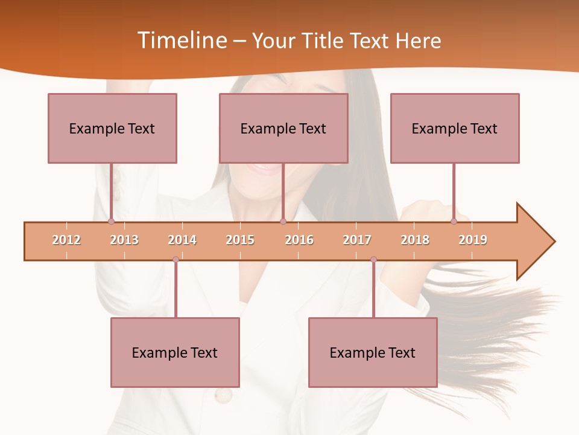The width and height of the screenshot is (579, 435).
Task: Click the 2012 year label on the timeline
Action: click(66, 240)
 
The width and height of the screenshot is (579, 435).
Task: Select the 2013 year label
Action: click(124, 240)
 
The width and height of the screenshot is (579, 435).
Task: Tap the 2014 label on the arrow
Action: click(182, 240)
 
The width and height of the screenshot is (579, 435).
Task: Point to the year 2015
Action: click(240, 240)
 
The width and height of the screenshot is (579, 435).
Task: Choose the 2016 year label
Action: click(299, 240)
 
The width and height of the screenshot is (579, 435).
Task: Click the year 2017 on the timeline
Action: click(357, 240)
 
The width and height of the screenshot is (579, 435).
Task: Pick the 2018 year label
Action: click(415, 240)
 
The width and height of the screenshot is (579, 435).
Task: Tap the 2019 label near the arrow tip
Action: click(473, 240)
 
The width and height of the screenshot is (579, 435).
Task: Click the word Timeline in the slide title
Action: click(180, 40)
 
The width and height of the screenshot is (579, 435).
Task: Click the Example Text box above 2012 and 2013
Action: click(112, 128)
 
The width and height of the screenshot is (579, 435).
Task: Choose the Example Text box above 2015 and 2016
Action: click(283, 128)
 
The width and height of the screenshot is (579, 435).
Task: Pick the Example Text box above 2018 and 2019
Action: click(455, 128)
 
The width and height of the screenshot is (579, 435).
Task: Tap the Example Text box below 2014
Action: click(175, 352)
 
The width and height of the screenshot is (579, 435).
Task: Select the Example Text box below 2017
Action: click(373, 352)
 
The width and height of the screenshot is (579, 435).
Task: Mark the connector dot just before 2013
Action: click(112, 221)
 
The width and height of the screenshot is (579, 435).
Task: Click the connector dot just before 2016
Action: click(283, 221)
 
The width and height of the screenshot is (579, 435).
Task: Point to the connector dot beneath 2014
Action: click(176, 259)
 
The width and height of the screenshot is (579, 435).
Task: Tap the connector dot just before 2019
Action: click(454, 221)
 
